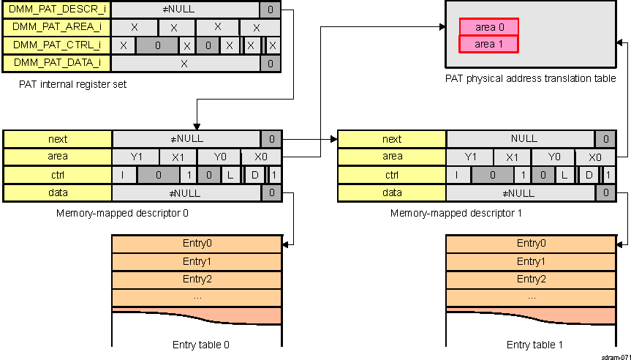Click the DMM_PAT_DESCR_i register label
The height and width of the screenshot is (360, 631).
pyautogui.click(x=57, y=10)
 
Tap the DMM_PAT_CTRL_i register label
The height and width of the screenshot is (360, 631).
pyautogui.click(x=57, y=45)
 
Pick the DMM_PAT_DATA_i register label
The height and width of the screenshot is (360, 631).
pyautogui.click(x=57, y=64)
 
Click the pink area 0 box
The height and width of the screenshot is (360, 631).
pyautogui.click(x=489, y=27)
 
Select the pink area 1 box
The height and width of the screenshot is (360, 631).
pyautogui.click(x=489, y=44)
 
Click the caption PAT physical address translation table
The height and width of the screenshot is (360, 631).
pyautogui.click(x=530, y=78)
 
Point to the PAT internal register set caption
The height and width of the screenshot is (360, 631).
pyautogui.click(x=73, y=84)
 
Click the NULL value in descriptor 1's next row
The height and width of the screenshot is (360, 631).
pyautogui.click(x=524, y=138)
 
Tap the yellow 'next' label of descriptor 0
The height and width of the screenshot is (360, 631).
pyautogui.click(x=58, y=138)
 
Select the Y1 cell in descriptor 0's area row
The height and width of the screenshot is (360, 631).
pyautogui.click(x=136, y=157)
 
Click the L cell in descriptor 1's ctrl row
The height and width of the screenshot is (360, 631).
pyautogui.click(x=565, y=175)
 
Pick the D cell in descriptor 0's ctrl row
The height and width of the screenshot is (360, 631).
pyautogui.click(x=255, y=175)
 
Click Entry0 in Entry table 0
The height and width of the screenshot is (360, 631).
pyautogui.click(x=197, y=244)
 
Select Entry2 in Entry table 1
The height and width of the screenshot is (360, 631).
pyautogui.click(x=531, y=280)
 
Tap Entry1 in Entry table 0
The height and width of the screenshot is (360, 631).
pyautogui.click(x=197, y=261)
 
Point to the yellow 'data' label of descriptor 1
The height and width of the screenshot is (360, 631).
pyautogui.click(x=392, y=192)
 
